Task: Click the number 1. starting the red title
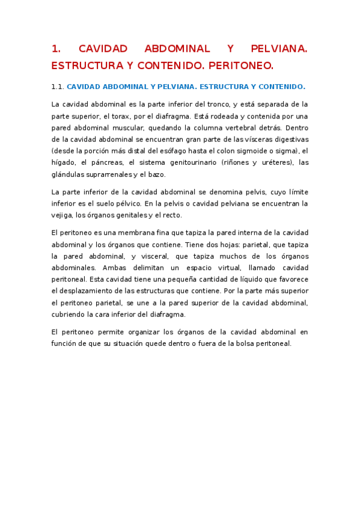56,49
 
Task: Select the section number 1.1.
58,86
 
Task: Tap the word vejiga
61,215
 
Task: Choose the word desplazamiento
86,290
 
